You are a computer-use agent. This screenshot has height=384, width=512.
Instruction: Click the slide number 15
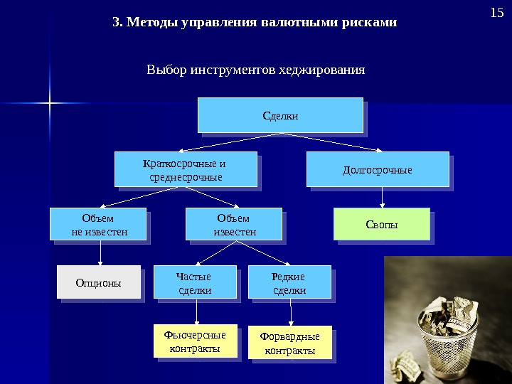coord(496,14)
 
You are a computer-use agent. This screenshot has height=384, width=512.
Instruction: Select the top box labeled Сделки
coord(280,114)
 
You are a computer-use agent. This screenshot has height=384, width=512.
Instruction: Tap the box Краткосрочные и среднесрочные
coord(186,169)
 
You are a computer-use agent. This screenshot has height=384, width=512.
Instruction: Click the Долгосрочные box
coord(378,169)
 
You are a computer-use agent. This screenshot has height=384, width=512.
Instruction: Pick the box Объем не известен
coord(97,224)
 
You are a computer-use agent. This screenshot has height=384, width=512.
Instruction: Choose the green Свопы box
coord(382,224)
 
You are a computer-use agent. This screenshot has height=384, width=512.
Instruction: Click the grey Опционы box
coord(98,283)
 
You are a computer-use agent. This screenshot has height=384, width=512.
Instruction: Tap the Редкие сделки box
coord(289,282)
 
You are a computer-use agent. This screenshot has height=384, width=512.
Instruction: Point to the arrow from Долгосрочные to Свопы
coord(383,197)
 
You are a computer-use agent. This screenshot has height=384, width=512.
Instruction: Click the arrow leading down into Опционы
coord(100,253)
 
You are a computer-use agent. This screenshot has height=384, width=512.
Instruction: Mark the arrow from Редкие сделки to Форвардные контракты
coord(289,312)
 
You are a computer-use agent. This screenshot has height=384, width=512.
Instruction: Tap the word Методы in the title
coord(153,22)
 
